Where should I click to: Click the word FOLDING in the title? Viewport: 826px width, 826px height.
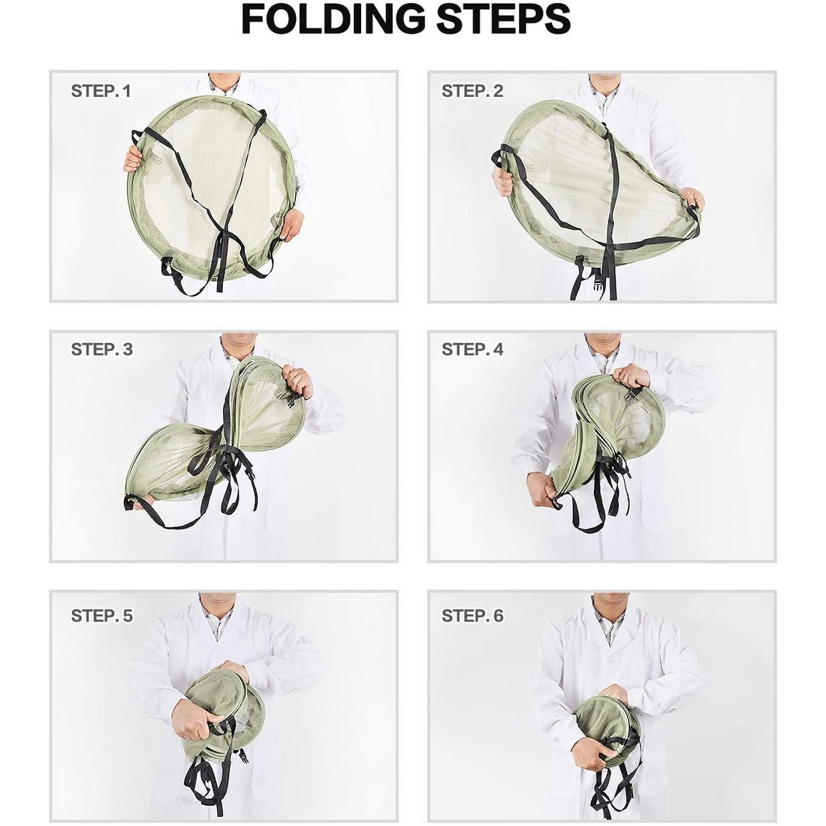coord(333,19)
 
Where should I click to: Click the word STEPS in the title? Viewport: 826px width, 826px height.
coord(503,19)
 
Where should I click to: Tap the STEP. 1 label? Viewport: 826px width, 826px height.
coord(101,91)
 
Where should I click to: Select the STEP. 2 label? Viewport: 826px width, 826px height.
coord(472,91)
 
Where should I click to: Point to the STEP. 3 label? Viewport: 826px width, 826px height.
coord(101,349)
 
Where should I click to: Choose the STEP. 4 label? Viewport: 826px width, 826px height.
coord(472,349)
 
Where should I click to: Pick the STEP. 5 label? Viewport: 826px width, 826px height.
coord(101,616)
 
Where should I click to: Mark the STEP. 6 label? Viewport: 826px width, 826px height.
coord(472,616)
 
